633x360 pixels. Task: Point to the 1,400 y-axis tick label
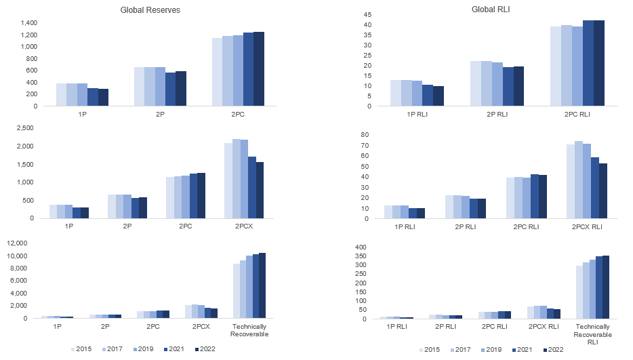27,22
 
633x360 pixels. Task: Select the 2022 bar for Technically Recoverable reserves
262,285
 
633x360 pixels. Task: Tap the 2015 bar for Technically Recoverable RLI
579,292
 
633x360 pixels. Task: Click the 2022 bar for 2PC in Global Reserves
259,68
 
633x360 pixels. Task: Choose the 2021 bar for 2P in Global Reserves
170,89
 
